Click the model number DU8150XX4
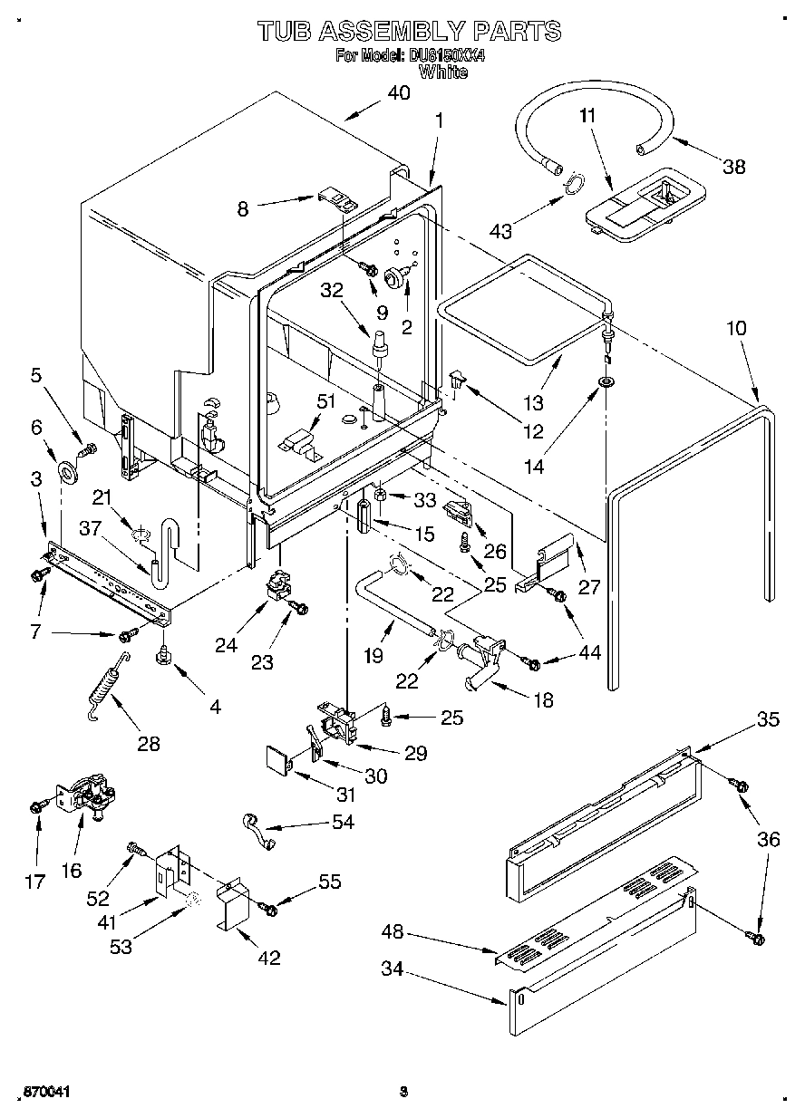(x=447, y=56)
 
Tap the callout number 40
(x=398, y=92)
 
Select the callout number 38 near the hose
(x=735, y=166)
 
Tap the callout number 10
(x=736, y=327)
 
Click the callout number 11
(x=587, y=115)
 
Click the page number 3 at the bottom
(x=402, y=1092)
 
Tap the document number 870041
(x=44, y=1093)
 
